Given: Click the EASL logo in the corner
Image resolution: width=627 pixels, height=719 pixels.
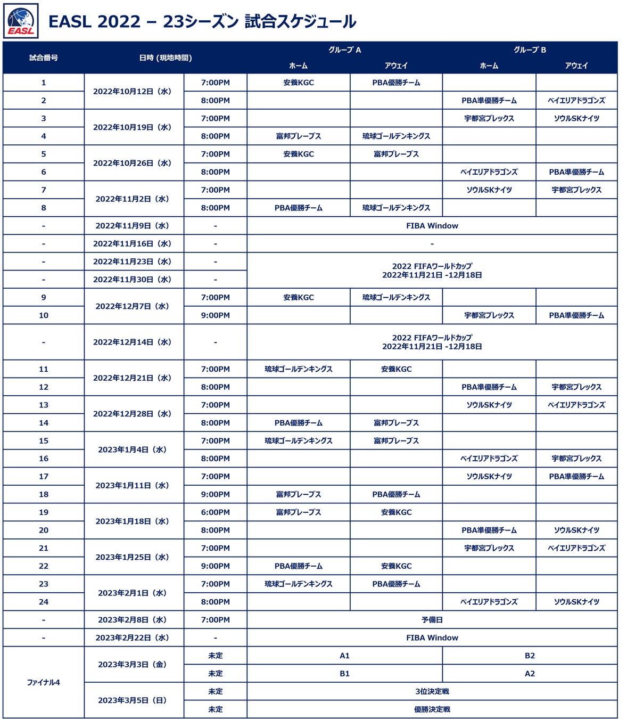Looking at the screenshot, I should (21, 21).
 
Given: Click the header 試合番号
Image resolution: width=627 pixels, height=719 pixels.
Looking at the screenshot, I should (44, 58).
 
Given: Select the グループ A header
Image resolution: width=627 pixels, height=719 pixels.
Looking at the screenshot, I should (344, 50).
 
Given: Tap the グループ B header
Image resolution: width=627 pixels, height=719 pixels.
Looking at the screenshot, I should (530, 50).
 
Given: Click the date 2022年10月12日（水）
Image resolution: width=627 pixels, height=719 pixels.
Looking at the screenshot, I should (133, 92).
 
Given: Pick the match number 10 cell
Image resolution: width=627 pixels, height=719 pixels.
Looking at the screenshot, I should (44, 315).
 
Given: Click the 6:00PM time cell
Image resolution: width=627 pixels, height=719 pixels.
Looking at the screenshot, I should (216, 512).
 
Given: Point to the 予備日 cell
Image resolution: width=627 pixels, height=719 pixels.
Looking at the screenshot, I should (432, 620).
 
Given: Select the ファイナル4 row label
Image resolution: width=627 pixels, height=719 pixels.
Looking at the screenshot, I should (44, 682).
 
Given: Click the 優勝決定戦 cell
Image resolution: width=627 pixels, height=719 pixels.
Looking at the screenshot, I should (432, 709).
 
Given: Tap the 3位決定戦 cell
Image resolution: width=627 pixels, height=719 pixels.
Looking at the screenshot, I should (432, 691).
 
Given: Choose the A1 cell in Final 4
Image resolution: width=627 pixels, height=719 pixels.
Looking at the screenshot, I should (344, 656).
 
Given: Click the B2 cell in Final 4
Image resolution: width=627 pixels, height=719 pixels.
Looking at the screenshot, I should (530, 656).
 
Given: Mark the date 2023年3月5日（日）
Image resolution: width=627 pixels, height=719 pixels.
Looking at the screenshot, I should (133, 700).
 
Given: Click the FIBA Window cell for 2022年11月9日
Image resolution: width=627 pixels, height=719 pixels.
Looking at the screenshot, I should (432, 226).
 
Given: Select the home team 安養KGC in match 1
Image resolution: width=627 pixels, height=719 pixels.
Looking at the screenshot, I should (299, 83).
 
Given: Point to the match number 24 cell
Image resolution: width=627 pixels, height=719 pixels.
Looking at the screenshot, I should (44, 602).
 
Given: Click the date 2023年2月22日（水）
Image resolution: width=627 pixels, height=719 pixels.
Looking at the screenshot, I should (133, 638).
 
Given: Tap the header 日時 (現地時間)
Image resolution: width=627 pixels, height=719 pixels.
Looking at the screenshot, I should (166, 58).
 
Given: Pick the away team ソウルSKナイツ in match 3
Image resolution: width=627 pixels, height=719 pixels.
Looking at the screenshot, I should (576, 118).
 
